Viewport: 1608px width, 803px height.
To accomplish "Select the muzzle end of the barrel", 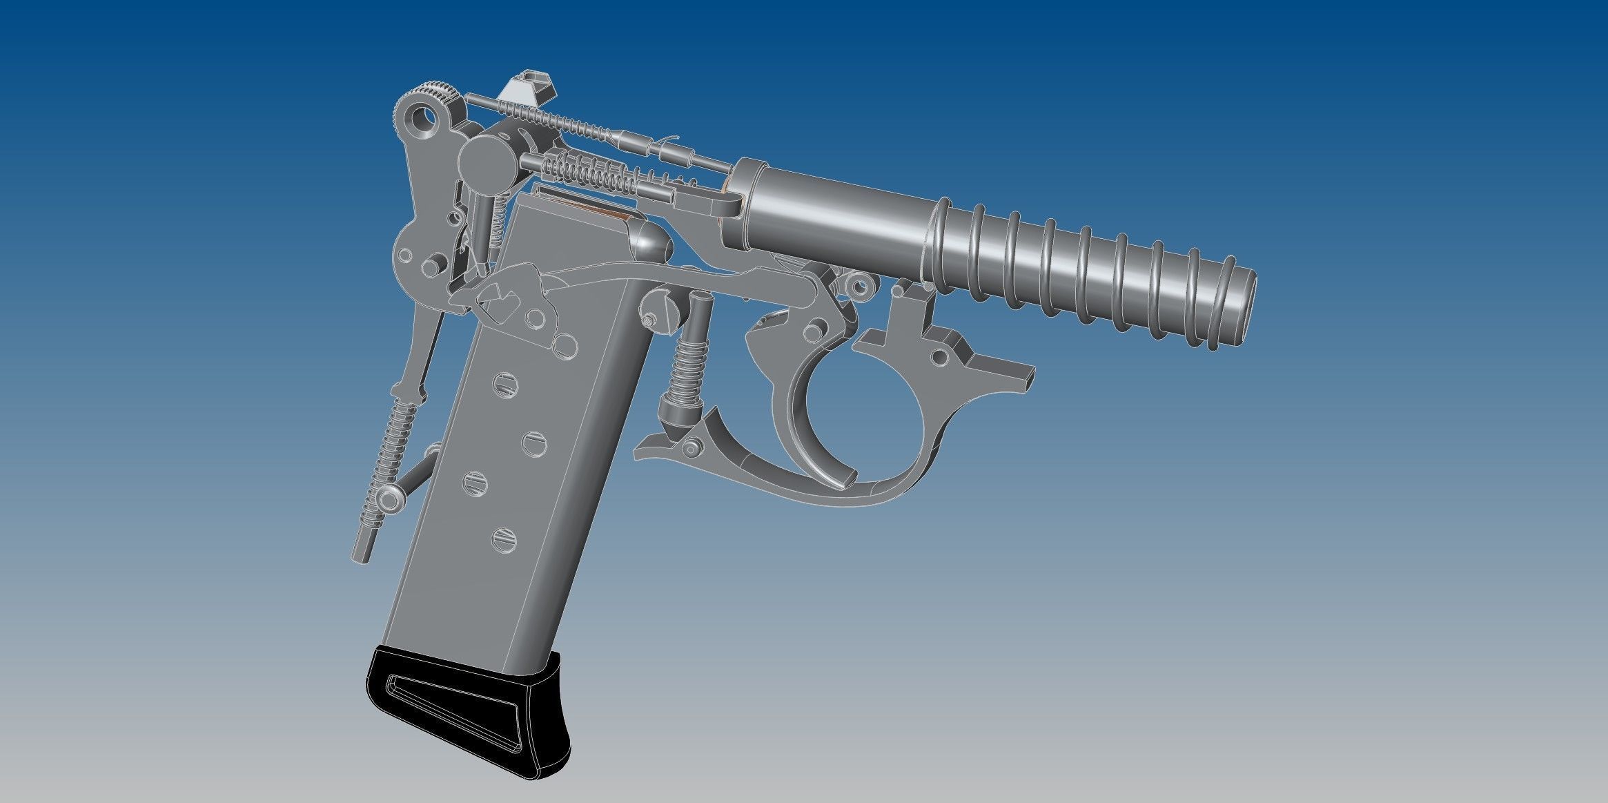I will tap(1235, 308).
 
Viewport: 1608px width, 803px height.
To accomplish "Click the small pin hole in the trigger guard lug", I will tap(939, 358).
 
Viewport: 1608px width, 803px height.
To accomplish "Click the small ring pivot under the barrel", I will tap(859, 283).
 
